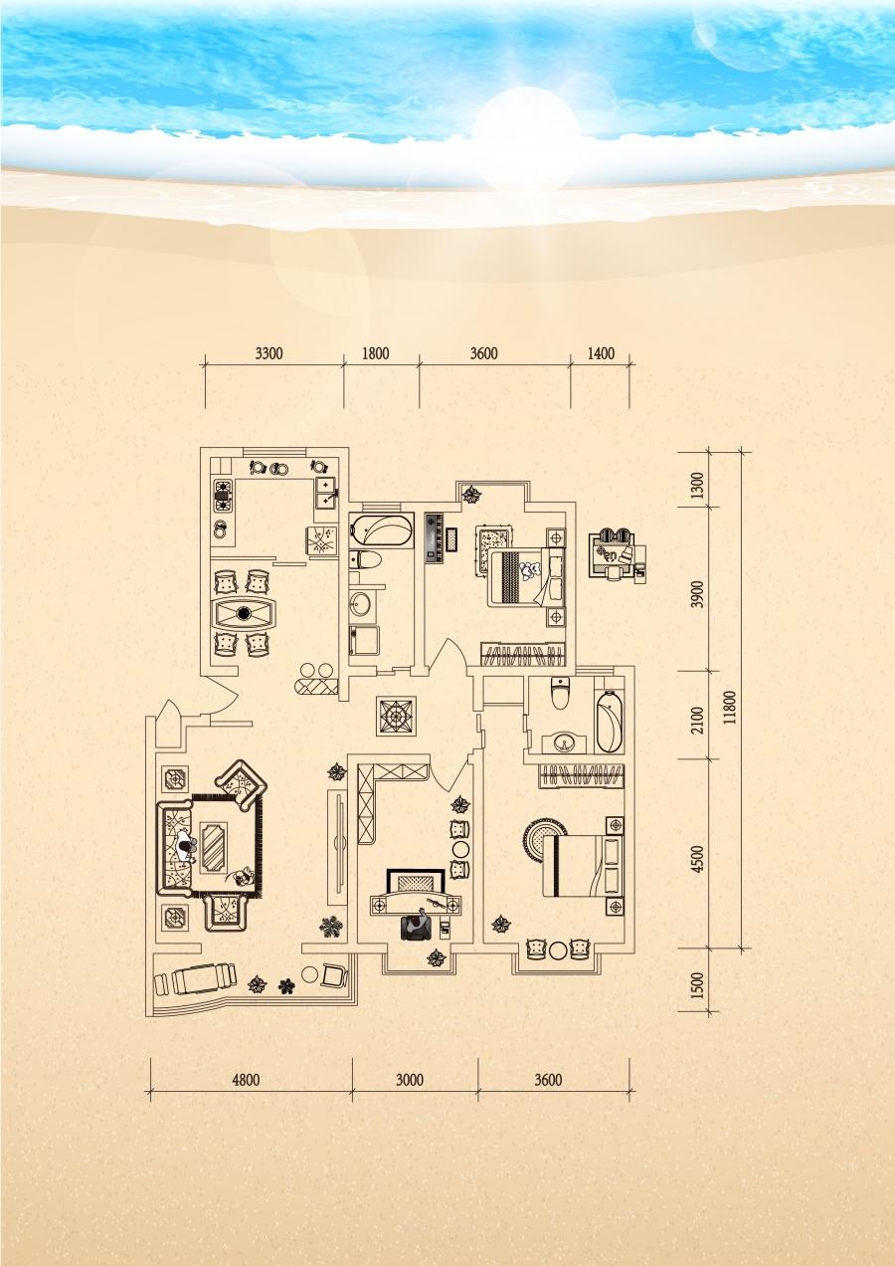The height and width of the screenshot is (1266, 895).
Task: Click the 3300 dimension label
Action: [x=268, y=353]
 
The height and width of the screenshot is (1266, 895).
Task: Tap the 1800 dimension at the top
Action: [x=376, y=353]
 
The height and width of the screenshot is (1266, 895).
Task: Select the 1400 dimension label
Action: [x=601, y=353]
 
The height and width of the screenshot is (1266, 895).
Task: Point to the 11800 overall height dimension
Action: [x=732, y=707]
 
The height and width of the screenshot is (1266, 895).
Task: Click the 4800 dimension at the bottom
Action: [x=247, y=1080]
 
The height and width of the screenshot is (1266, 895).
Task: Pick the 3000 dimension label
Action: [x=410, y=1080]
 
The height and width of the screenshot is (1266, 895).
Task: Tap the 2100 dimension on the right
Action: [x=700, y=720]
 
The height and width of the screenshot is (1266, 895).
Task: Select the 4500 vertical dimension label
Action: [x=700, y=859]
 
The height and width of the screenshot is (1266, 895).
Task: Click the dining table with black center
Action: [x=244, y=613]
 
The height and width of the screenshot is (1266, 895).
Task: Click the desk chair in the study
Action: [x=417, y=925]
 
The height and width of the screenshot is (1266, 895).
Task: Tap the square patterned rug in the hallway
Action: [x=398, y=716]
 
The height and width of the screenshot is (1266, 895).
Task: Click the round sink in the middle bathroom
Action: [x=359, y=605]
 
